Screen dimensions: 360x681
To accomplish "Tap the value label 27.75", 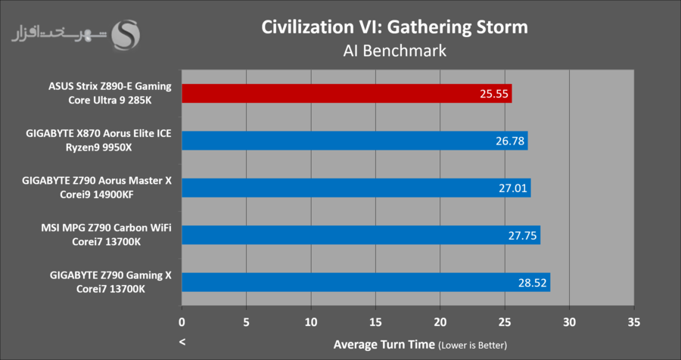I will click(523, 235).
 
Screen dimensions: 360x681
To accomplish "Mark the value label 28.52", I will click(533, 282).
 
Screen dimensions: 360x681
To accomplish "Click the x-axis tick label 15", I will click(376, 321).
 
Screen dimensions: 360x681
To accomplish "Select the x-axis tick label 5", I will click(247, 321).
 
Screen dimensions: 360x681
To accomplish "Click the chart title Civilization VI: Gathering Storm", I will click(394, 27).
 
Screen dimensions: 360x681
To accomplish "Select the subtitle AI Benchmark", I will click(394, 51).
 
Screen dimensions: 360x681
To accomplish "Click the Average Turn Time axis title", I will click(384, 345).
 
